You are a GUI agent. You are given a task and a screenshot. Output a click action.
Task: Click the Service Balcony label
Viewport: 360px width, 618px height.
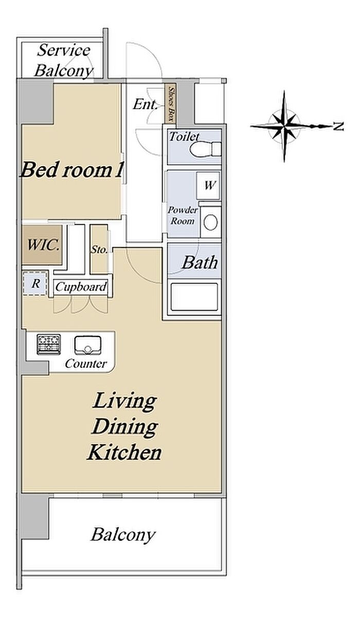[64, 61]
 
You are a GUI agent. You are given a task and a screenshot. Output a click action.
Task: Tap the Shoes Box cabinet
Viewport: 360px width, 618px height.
[170, 103]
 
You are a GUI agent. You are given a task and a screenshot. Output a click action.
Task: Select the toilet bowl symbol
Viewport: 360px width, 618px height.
[205, 149]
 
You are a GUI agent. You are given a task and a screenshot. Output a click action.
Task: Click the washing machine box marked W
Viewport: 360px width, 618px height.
[208, 185]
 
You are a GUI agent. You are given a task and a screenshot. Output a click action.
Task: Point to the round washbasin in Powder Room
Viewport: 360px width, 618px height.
[210, 222]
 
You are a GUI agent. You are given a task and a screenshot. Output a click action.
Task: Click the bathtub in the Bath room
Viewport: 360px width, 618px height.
[194, 297]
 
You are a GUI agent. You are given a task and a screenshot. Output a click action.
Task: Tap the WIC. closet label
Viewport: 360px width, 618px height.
[43, 245]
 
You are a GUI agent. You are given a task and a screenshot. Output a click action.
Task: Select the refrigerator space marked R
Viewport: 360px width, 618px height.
[35, 284]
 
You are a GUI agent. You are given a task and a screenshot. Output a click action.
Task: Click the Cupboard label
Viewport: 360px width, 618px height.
[81, 287]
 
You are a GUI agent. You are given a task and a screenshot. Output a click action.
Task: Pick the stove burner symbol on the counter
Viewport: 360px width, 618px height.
[49, 344]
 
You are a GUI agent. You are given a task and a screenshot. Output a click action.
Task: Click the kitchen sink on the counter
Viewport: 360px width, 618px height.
[87, 345]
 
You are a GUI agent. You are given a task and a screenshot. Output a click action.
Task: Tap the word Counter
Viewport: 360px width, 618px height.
[86, 364]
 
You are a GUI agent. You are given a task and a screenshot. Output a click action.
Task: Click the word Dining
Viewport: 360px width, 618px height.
[125, 428]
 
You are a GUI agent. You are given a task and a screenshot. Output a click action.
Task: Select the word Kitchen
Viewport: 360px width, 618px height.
[124, 452]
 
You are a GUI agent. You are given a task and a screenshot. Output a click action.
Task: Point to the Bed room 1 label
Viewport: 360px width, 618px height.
[71, 170]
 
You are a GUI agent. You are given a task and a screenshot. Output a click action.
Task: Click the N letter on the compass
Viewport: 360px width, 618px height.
[338, 127]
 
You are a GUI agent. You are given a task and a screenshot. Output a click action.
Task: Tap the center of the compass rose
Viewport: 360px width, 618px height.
[284, 127]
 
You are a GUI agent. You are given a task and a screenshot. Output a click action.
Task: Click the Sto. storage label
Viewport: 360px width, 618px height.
[99, 250]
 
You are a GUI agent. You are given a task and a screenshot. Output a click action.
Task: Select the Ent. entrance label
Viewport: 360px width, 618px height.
[145, 105]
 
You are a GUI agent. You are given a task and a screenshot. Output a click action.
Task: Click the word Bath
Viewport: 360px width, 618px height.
[200, 262]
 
